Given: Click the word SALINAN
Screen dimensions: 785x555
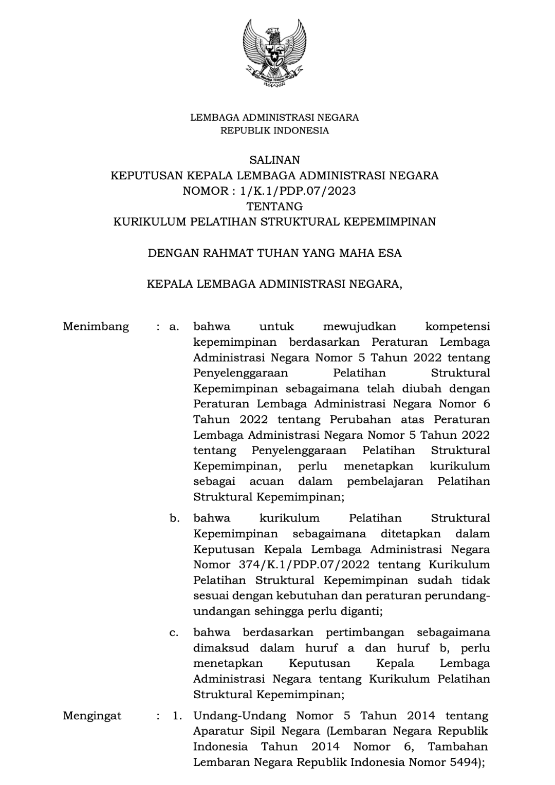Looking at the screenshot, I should point(274,160).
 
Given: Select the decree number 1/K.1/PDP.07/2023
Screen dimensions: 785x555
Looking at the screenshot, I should point(294,191).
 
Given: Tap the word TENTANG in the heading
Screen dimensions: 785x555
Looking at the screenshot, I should point(274,207).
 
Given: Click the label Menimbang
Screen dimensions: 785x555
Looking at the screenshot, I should point(96,326).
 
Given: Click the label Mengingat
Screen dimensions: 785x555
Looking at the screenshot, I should point(92,716).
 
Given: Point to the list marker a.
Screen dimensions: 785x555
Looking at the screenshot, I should point(174,326).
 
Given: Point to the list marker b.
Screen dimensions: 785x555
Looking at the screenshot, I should point(174,518).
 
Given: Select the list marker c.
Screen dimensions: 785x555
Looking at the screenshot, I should point(174,632).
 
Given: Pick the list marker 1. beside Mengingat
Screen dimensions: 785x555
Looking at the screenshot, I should point(177,716).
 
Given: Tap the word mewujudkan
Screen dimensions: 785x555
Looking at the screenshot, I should point(360,326).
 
